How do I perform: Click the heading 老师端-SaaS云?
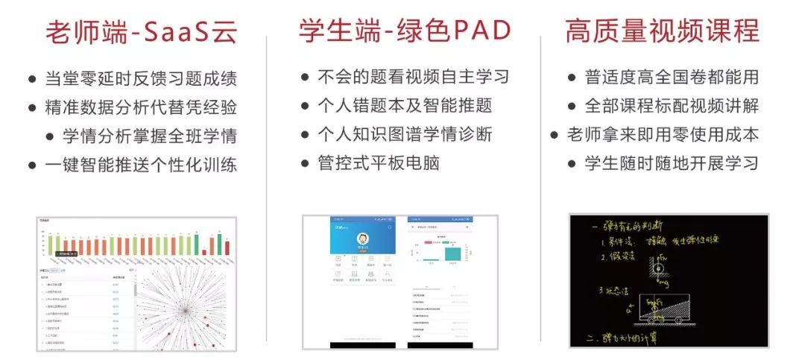pyautogui.click(x=142, y=31)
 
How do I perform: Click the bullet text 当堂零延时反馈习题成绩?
pyautogui.click(x=141, y=78)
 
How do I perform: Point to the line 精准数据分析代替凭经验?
pyautogui.click(x=141, y=107)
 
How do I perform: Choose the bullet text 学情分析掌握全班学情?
pyautogui.click(x=149, y=136)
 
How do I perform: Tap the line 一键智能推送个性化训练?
pyautogui.click(x=141, y=165)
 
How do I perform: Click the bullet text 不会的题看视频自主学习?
pyautogui.click(x=413, y=77)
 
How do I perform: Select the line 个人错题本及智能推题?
pyautogui.click(x=405, y=105)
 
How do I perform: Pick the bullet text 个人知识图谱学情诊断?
pyautogui.click(x=405, y=134)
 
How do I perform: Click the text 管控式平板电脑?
pyautogui.click(x=378, y=163)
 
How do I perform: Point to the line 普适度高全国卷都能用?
pyautogui.click(x=672, y=77)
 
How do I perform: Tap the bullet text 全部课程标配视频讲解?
pyautogui.click(x=672, y=106)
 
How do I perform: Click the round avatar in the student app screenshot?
pyautogui.click(x=363, y=239)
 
